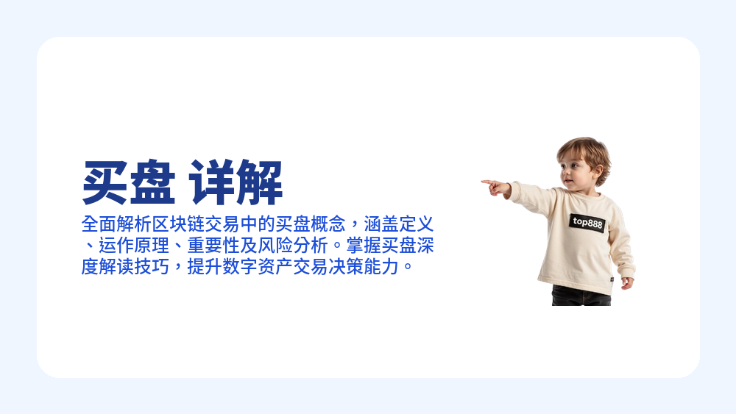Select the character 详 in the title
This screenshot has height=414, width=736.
pos(213,183)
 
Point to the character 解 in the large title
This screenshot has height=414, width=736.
pos(260,183)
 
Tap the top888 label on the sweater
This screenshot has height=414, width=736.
pos(587,222)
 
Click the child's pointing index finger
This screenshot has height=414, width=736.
pos(487,182)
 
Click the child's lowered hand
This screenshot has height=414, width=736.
pos(626,282)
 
